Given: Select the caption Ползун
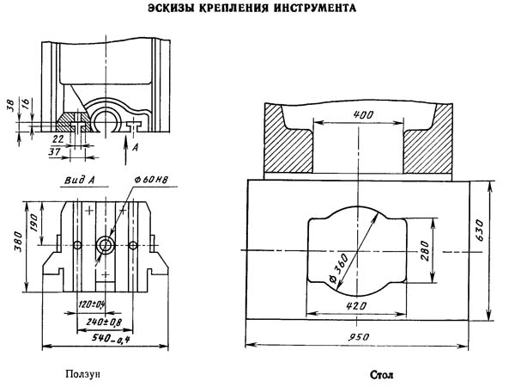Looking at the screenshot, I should pyautogui.click(x=87, y=374).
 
